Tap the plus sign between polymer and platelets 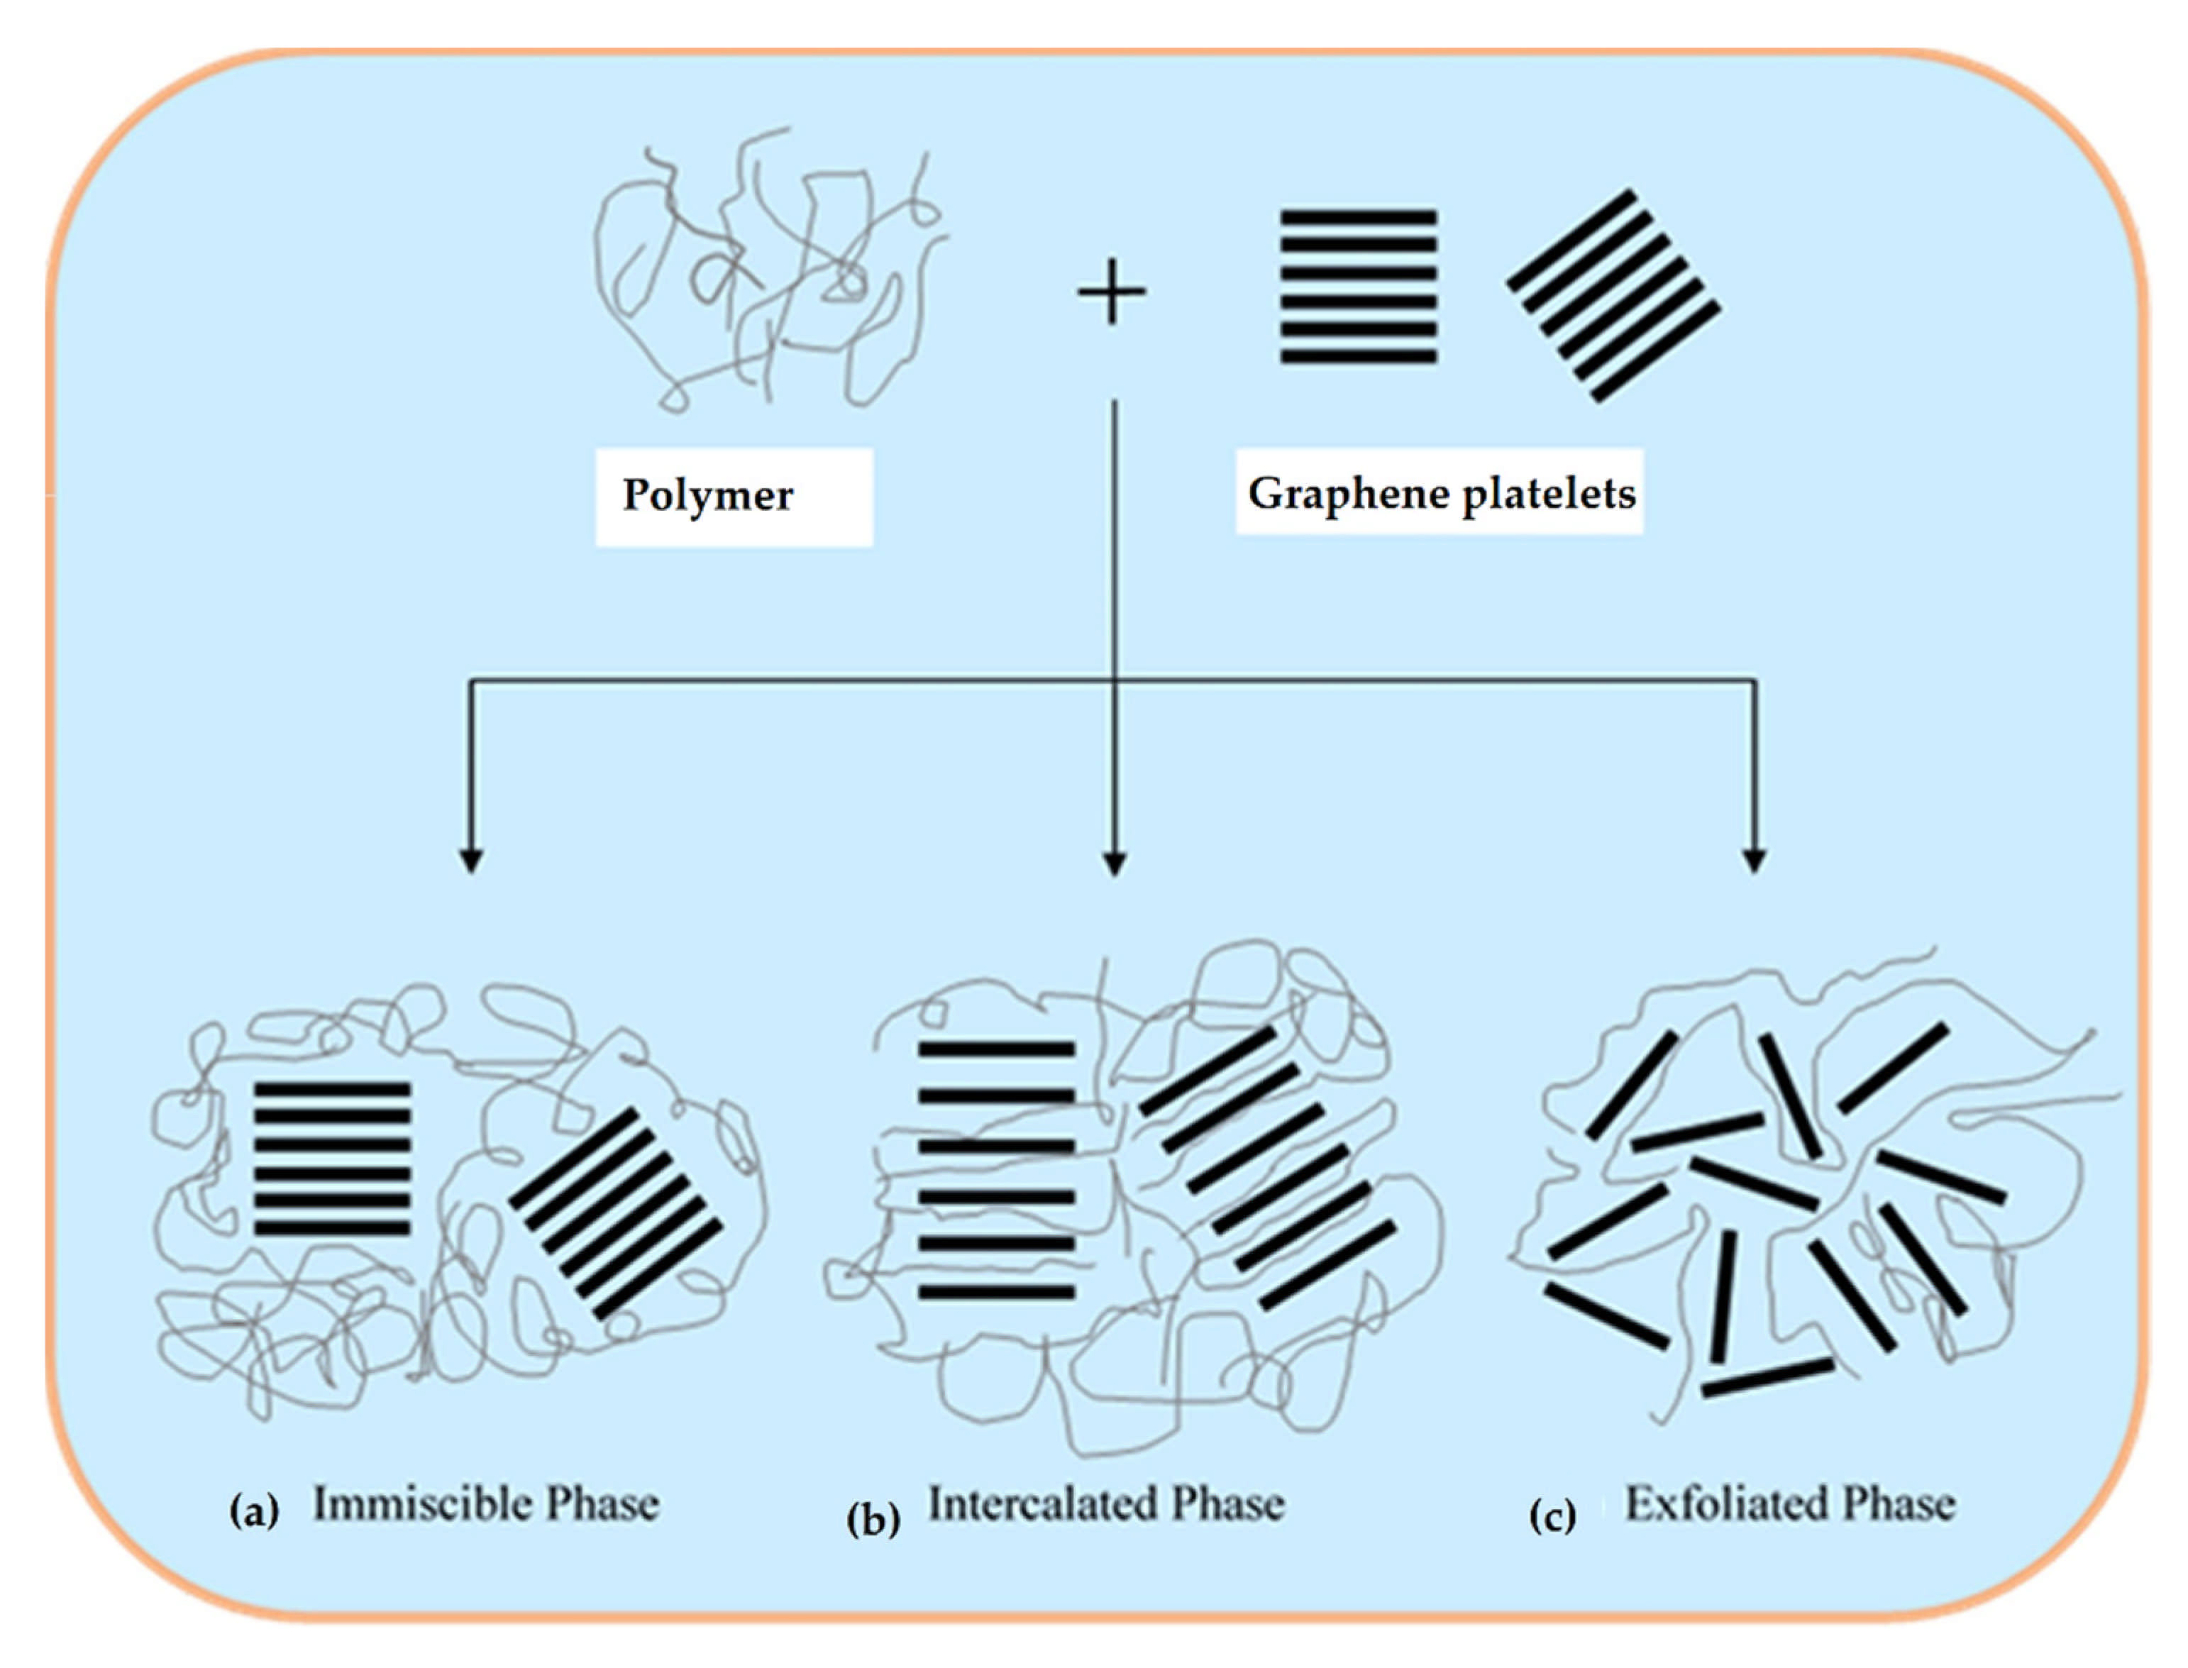1112,292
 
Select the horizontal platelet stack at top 1358,286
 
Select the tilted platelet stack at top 1613,296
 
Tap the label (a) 254,1511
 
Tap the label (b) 873,1519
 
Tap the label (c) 1552,1516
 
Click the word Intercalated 1042,1503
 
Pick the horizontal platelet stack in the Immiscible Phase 333,1158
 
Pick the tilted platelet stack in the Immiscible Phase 616,1213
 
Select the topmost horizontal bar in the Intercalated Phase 997,1049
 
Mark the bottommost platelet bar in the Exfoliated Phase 1767,1377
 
